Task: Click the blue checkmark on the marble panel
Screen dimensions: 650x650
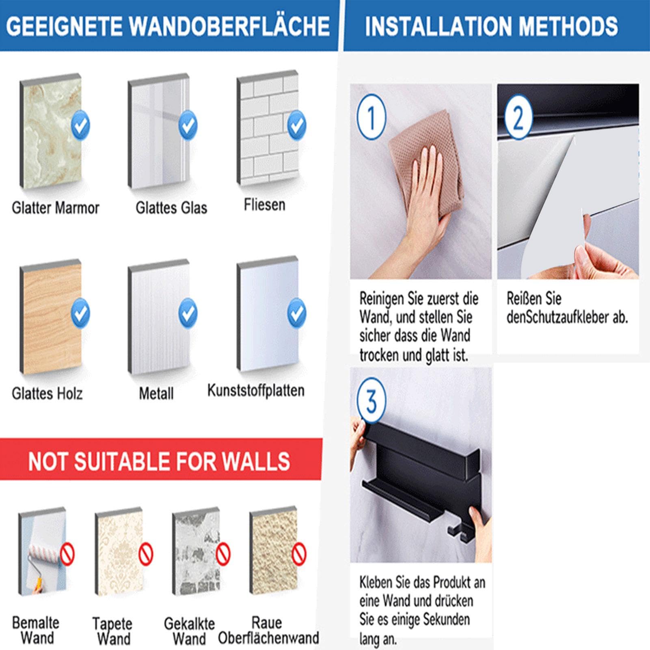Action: [x=80, y=125]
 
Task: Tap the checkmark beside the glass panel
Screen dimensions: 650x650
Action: [x=188, y=125]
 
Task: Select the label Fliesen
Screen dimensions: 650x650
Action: [x=264, y=205]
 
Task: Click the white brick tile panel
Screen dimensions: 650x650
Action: [x=268, y=129]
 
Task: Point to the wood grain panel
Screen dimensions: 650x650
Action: [x=51, y=317]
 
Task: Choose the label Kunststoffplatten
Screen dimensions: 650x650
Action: [x=256, y=391]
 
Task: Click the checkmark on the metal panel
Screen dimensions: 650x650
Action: [x=188, y=313]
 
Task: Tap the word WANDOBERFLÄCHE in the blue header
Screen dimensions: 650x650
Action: [x=230, y=26]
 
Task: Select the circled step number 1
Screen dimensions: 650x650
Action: [x=371, y=117]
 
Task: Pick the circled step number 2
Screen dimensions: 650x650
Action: [x=518, y=117]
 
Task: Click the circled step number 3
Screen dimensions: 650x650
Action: [x=371, y=400]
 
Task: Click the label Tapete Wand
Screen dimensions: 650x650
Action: [x=112, y=631]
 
